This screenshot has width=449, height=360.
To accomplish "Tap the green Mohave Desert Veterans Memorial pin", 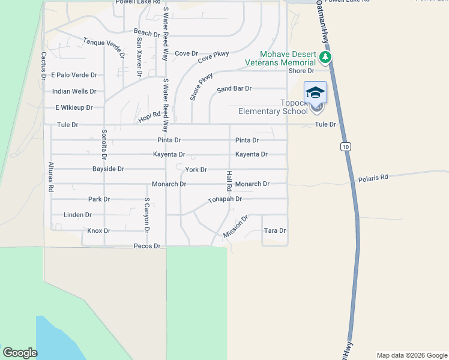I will coord(325,58).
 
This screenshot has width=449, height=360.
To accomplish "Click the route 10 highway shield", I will coord(345,146).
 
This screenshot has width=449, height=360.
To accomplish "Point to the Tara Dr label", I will coord(274,230).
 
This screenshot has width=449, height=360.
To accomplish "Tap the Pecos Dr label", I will coord(147,246).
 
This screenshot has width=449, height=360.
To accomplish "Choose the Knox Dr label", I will coord(99,230).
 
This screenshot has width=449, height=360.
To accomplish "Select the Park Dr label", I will coord(99,199).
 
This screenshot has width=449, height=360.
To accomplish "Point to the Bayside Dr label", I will coord(108,169).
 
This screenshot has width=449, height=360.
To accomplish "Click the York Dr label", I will coord(196,170).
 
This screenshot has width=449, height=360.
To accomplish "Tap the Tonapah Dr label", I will coord(224,199).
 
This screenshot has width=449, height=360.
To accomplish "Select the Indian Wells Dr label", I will coord(74,91).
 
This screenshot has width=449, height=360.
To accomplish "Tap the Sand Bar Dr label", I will coord(234,88).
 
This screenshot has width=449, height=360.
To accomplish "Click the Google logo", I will coord(20,353).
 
